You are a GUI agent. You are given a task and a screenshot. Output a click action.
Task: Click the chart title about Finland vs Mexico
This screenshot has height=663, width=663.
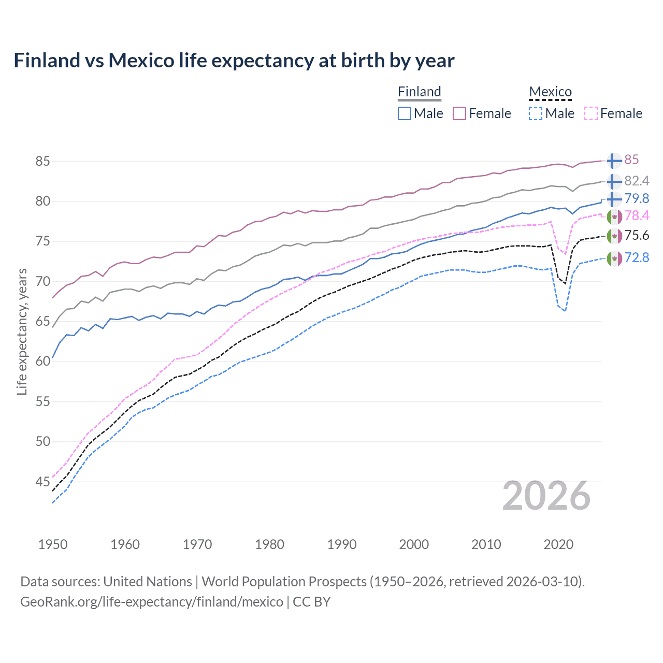click(234, 61)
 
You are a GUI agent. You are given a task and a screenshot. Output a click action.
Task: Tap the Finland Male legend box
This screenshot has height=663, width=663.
click(405, 113)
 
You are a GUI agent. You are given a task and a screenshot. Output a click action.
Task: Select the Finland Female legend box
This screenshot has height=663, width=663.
click(459, 113)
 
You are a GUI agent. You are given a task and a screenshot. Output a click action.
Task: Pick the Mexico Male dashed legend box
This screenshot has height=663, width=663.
click(536, 113)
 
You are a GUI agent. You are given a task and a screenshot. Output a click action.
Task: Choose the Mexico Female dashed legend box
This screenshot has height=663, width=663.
click(590, 113)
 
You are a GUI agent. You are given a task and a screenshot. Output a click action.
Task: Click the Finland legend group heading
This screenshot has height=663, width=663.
click(419, 92)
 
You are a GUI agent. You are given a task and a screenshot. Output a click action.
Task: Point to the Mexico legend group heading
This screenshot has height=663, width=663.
click(550, 92)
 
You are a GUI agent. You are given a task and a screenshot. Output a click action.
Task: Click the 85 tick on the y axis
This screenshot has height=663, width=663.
click(42, 161)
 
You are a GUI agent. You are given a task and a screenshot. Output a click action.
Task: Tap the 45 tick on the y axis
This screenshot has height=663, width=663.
click(42, 482)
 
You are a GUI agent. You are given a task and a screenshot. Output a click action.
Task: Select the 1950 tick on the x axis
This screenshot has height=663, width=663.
click(53, 544)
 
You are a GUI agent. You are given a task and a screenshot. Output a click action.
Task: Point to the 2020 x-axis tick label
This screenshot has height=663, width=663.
click(558, 544)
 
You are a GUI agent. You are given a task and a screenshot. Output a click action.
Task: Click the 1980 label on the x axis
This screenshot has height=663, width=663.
click(269, 544)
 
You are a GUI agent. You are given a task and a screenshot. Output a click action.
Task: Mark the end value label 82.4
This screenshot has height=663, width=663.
click(637, 181)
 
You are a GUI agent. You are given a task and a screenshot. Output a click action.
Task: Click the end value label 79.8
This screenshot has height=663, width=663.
click(637, 198)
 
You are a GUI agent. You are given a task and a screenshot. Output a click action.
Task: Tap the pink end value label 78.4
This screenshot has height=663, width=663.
click(637, 215)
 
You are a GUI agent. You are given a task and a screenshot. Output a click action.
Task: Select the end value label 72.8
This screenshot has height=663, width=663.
click(637, 257)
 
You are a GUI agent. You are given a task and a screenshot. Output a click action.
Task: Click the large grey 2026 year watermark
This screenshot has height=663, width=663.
click(546, 496)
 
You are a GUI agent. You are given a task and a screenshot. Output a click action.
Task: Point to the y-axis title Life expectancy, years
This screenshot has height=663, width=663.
click(22, 331)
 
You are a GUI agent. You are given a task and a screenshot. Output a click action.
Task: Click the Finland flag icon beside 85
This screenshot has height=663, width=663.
click(614, 161)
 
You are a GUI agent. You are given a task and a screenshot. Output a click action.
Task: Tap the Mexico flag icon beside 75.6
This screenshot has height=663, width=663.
click(614, 236)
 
